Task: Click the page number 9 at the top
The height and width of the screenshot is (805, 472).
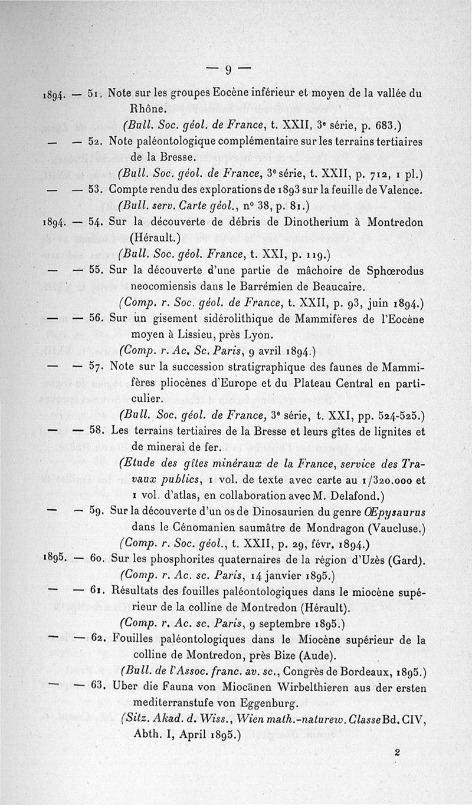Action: tap(228, 68)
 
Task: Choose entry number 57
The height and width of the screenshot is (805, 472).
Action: tap(95, 368)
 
